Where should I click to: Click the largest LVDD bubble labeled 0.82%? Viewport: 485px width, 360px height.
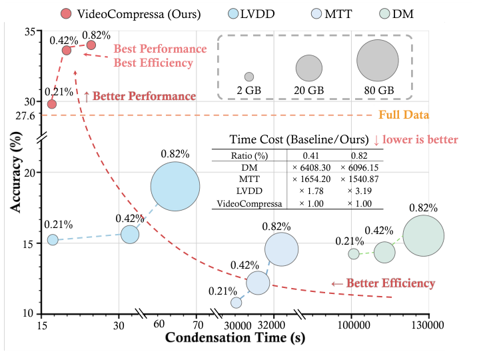[175, 186]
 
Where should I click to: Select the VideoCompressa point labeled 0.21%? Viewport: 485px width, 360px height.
[52, 104]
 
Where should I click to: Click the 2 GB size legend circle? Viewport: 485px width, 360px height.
[249, 77]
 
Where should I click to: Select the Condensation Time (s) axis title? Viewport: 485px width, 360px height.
[235, 338]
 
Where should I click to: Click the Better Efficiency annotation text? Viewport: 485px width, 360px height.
[383, 284]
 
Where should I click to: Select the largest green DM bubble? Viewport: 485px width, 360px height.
[424, 235]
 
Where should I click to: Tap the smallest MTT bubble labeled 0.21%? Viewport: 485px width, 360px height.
[236, 303]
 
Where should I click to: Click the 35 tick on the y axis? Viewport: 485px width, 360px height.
[30, 31]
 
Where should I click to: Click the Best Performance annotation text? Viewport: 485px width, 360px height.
[160, 49]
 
